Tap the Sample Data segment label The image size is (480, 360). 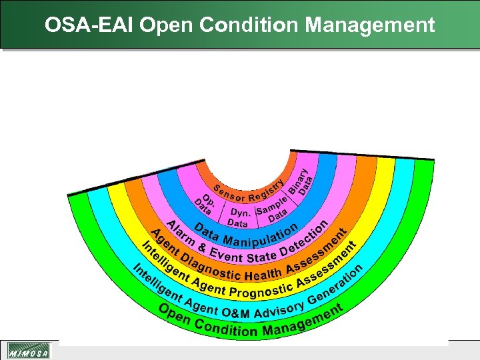[x=274, y=207]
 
